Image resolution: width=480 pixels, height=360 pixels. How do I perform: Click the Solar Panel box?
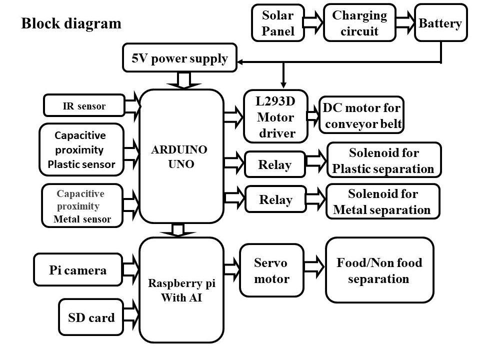(x=277, y=23)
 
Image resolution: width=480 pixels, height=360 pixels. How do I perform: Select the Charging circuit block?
(x=359, y=23)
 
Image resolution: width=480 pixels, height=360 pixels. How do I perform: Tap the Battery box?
(x=440, y=23)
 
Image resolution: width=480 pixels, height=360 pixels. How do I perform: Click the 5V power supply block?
(x=179, y=58)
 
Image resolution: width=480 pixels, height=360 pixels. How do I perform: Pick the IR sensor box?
(x=84, y=105)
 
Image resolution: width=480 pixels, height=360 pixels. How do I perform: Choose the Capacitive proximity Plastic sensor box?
(x=81, y=149)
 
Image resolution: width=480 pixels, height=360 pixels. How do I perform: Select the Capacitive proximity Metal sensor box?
(x=82, y=206)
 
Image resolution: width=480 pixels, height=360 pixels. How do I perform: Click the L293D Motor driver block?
(x=275, y=117)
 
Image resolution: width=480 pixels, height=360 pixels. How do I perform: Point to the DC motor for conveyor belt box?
(x=361, y=115)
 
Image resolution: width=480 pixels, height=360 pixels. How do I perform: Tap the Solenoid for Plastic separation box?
(x=383, y=160)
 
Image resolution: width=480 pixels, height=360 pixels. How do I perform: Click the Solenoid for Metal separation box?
(x=382, y=201)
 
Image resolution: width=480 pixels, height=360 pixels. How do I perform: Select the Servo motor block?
(x=271, y=270)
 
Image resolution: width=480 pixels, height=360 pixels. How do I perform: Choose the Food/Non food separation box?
(x=379, y=270)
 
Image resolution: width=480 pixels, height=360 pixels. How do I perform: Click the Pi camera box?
(x=78, y=270)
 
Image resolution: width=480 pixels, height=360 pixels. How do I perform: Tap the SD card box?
(x=91, y=317)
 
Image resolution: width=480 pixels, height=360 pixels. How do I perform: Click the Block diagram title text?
(x=71, y=23)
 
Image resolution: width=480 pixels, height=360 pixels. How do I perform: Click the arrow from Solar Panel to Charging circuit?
(x=314, y=23)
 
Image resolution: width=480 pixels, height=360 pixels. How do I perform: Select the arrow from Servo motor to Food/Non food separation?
(x=314, y=265)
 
